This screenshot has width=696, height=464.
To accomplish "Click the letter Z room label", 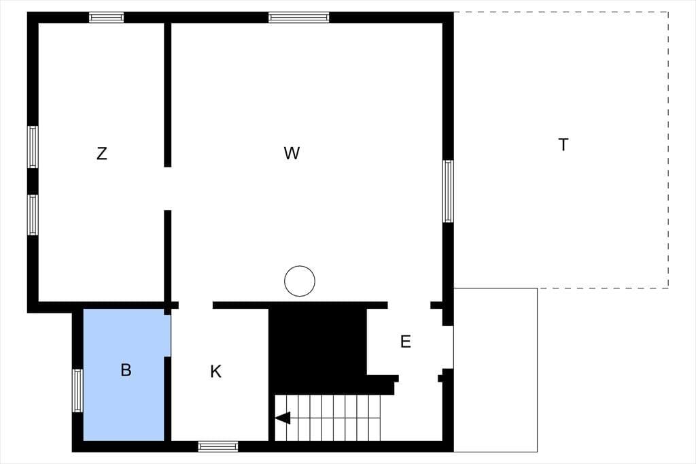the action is point(102,153).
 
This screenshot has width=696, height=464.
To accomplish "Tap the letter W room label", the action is point(292,153).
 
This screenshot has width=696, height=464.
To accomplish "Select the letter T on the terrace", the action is point(563,144).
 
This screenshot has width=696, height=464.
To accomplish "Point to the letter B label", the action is point(126,370).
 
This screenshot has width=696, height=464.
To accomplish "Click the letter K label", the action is point(215,371).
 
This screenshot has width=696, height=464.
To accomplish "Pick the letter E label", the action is point(405,342).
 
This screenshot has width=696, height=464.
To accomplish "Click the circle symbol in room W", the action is point(300,281).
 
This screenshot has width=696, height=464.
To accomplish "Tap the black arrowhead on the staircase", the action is point(283,418).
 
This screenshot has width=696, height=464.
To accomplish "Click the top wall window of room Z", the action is point(106,17).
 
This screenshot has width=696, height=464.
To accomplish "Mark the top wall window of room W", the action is point(299,17).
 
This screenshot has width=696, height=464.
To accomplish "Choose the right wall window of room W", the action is point(449,191).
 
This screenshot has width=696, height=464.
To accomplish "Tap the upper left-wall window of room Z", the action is point(33,147).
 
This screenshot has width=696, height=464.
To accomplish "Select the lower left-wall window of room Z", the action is point(33,215).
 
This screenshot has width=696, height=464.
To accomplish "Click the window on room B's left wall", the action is point(77,391).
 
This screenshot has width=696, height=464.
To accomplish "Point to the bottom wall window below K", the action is point(218,446).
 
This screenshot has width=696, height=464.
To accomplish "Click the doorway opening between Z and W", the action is point(168,189).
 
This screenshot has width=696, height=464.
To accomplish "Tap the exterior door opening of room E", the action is point(448,348).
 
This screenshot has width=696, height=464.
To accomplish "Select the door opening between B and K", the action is point(168,335).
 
